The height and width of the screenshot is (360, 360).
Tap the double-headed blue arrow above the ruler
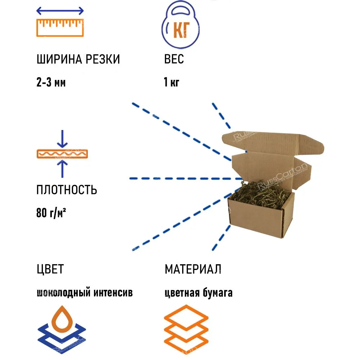click(x=60, y=11)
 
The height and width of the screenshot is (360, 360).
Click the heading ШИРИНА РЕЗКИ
click(x=78, y=59)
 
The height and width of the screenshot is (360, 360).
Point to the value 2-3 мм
click(x=51, y=83)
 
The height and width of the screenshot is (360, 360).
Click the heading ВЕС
click(x=174, y=59)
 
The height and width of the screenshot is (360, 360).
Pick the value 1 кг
click(x=171, y=83)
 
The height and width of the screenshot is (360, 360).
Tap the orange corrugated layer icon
click(x=62, y=154)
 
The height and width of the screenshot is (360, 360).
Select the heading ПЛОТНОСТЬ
click(x=67, y=190)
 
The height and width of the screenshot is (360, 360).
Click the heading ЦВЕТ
click(x=50, y=269)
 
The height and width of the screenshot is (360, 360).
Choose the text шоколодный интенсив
click(x=85, y=293)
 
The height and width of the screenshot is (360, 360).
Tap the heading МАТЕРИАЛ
click(x=193, y=269)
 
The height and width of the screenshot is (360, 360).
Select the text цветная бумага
click(x=198, y=293)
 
